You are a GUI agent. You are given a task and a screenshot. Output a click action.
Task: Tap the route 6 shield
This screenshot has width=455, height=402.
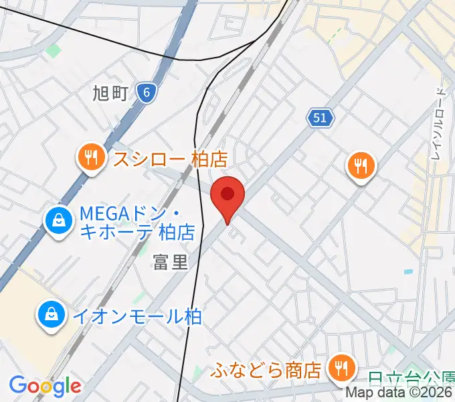pyautogui.click(x=146, y=93)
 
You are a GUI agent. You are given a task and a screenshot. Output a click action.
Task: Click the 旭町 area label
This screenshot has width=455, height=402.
pyautogui.click(x=110, y=94)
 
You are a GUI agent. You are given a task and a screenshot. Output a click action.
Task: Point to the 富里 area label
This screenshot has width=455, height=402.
pyautogui.click(x=171, y=262)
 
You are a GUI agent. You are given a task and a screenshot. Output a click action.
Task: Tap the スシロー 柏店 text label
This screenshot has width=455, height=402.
pyautogui.click(x=170, y=159)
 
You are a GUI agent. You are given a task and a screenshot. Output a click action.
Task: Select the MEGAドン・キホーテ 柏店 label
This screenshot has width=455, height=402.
pyautogui.click(x=136, y=223)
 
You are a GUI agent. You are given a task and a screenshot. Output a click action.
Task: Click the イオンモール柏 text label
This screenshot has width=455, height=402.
pyautogui.click(x=136, y=316)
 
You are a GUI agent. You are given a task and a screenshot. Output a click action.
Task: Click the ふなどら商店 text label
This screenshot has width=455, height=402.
pyautogui.click(x=266, y=368)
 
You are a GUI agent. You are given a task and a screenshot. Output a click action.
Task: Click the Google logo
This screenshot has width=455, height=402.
pyautogui.click(x=45, y=386)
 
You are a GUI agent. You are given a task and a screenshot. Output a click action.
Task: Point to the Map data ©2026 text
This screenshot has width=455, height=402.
pyautogui.click(x=400, y=393)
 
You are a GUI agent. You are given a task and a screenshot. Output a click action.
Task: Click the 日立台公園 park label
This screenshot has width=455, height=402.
pyautogui.click(x=411, y=380)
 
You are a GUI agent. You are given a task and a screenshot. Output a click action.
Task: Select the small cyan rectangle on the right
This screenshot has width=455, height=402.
pyautogui.click(x=408, y=271)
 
